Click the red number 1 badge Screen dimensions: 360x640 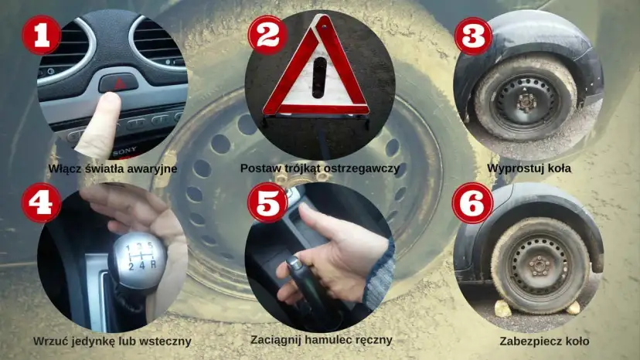coord(41,34)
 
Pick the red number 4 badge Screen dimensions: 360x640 coord(41,203)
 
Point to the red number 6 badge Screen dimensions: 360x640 coord(473,203)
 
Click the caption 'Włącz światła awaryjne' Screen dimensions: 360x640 coord(113,169)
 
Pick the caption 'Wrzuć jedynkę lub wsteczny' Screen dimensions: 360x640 coord(112,341)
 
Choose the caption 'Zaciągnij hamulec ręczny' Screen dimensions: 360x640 coord(322,340)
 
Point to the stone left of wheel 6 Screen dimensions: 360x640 coord(503,308)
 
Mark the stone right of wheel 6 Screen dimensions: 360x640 coord(573,307)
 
